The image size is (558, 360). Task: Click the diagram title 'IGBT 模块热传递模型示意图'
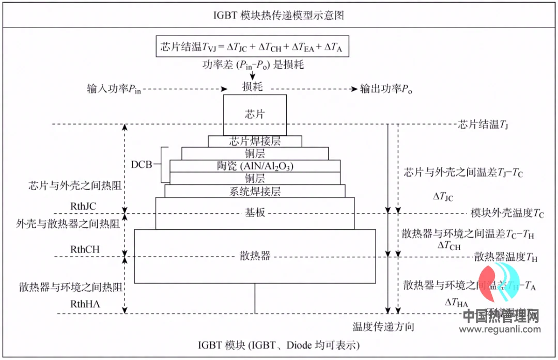(x=278, y=15)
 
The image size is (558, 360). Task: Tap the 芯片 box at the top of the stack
(x=255, y=114)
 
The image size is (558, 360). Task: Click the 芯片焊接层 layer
(x=255, y=140)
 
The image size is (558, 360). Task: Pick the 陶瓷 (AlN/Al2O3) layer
(x=255, y=166)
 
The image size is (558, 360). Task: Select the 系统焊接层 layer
(x=255, y=191)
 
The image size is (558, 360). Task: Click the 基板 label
(x=255, y=212)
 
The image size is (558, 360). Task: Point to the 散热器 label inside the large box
(x=255, y=256)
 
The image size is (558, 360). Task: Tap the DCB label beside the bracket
(x=143, y=165)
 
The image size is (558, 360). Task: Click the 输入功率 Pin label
(x=114, y=89)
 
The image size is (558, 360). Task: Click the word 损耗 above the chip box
(x=253, y=87)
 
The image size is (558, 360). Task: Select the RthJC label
(x=84, y=207)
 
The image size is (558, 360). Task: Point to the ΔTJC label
(x=443, y=197)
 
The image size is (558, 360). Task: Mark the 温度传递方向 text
(x=383, y=327)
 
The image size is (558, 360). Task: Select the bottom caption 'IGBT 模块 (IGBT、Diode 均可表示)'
(x=278, y=345)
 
